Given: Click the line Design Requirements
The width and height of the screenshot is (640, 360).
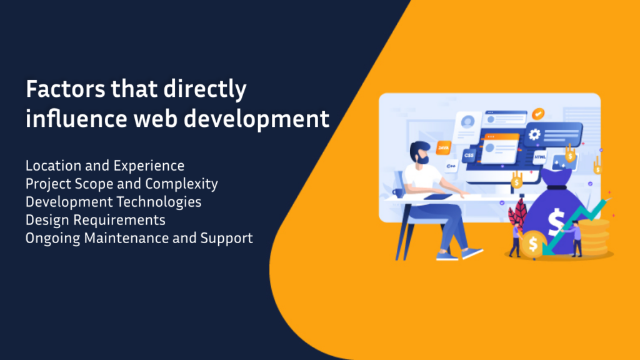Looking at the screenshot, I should [96, 221].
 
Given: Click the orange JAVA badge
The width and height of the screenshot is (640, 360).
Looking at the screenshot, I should [443, 148].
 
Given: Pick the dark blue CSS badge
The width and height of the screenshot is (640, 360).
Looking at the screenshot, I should [468, 154].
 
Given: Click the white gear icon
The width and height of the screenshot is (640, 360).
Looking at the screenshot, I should [534, 134].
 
